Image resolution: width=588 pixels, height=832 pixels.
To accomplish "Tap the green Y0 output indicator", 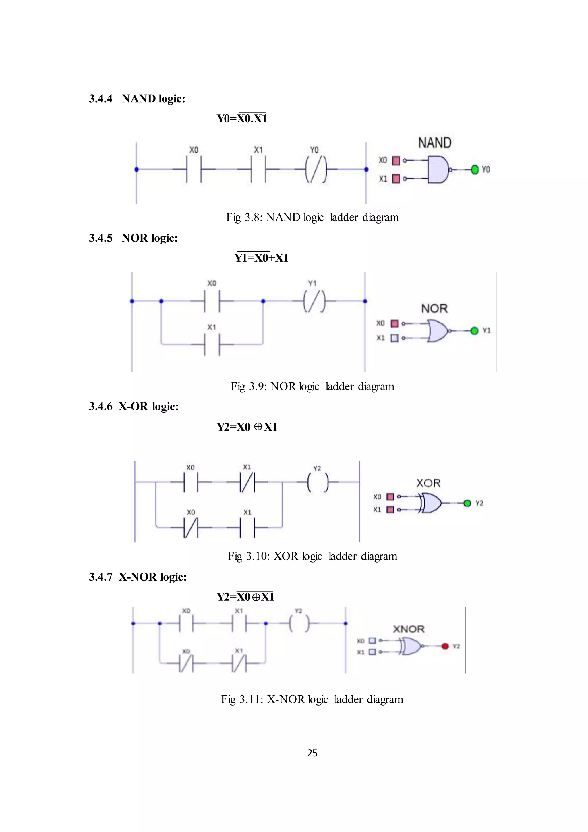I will click(475, 170).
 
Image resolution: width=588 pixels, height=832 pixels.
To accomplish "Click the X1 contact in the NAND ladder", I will click(258, 169).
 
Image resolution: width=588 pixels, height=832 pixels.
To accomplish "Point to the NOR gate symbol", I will click(437, 330).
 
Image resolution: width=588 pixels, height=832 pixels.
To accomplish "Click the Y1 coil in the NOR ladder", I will click(314, 301).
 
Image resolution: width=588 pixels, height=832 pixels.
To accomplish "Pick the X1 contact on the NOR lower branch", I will click(212, 344).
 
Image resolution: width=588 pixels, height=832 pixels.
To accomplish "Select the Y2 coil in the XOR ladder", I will click(318, 482).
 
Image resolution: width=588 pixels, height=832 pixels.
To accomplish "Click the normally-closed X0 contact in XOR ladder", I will click(191, 527).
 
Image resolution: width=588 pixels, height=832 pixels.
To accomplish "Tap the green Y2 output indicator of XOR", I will click(467, 503).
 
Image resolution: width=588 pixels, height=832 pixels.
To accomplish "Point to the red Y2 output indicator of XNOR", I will click(445, 646).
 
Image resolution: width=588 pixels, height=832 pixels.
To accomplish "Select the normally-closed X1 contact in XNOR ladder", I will click(239, 663).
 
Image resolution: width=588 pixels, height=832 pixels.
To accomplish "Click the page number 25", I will click(312, 753).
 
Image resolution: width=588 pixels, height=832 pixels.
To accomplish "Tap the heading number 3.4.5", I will click(101, 238).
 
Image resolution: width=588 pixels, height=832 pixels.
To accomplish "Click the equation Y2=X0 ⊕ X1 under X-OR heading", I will click(247, 427).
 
